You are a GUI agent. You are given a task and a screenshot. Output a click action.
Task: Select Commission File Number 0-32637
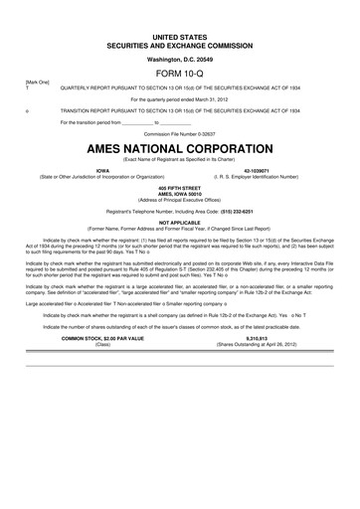[179, 131]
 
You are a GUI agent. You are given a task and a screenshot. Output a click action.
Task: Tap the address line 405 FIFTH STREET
[179, 188]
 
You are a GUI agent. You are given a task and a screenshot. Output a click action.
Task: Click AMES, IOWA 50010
[179, 194]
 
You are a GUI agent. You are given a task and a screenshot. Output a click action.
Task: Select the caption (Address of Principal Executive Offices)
[179, 200]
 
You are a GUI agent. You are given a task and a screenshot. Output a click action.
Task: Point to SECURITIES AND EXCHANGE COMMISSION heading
[179, 43]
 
